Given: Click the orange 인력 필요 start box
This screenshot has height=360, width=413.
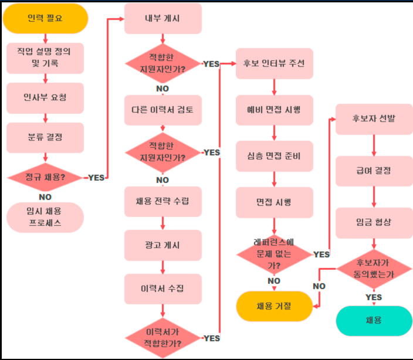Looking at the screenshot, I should pos(45,18).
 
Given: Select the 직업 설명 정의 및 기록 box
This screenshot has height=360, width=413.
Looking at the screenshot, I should pos(45,57).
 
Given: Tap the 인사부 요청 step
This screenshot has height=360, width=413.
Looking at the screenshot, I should pos(45,97).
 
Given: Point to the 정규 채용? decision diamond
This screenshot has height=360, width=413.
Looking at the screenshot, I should pos(45,176).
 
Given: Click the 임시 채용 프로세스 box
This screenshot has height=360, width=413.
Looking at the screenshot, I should pos(45,217).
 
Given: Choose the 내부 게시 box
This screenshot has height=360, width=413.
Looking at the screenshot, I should pos(163,18).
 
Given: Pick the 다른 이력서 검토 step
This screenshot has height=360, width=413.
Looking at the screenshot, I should pos(163,110).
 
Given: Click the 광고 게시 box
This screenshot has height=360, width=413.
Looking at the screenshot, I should pos(163,244).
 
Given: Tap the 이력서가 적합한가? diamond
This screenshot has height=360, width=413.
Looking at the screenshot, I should pos(163,338).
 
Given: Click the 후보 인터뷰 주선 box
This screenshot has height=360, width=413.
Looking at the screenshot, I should pos(274,63).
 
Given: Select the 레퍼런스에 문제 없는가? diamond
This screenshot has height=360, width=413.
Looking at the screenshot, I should pos(274,253).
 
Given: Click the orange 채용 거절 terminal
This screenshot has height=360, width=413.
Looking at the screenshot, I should pos(274,306).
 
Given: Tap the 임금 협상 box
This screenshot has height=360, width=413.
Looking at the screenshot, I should pos(374,222).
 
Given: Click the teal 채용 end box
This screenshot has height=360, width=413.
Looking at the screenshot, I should pos(374,320).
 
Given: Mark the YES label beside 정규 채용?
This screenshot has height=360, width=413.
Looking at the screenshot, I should pos(96,178).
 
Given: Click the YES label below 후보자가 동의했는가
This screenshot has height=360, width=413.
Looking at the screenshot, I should pos(374,297).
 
